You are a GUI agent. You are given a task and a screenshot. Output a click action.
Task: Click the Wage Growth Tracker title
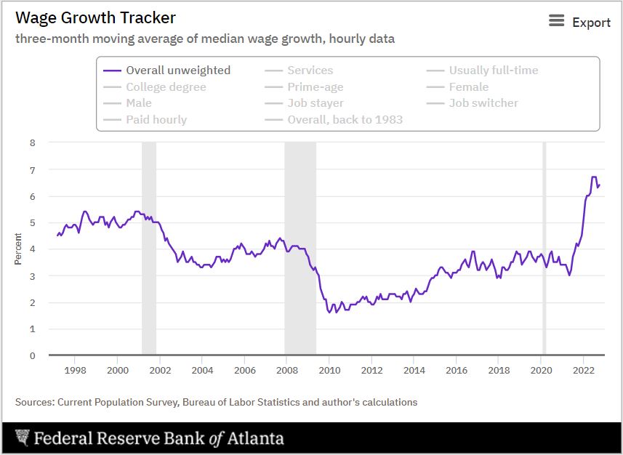pyautogui.click(x=95, y=17)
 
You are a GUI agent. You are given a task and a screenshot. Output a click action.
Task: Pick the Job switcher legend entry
pyautogui.click(x=483, y=103)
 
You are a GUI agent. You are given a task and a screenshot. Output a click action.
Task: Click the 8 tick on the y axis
pyautogui.click(x=32, y=143)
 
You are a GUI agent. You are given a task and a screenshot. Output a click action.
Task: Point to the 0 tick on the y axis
pyautogui.click(x=32, y=356)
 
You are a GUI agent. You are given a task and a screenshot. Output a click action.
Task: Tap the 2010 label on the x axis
pyautogui.click(x=329, y=370)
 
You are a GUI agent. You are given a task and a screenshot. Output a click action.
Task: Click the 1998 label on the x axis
pyautogui.click(x=76, y=370)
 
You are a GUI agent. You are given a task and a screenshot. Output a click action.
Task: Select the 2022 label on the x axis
pyautogui.click(x=584, y=370)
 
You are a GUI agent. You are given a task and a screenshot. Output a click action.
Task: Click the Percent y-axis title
pyautogui.click(x=18, y=249)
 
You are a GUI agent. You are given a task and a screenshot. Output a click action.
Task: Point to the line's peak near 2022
pyautogui.click(x=594, y=177)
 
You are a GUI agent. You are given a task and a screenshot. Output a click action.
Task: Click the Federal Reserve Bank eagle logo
pyautogui.click(x=22, y=438)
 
